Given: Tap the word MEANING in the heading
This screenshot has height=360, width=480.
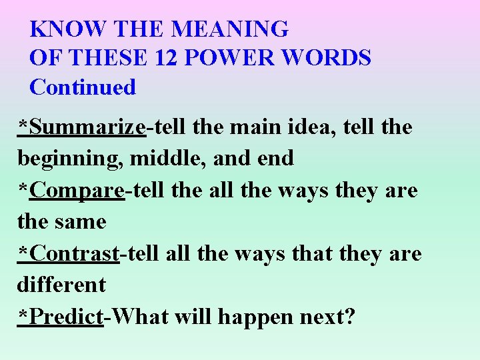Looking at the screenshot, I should click(x=230, y=29).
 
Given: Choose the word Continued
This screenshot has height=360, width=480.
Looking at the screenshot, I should click(x=83, y=87).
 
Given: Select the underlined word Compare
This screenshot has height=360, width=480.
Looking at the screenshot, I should click(x=77, y=191).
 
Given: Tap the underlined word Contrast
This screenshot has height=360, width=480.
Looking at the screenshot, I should click(x=75, y=254).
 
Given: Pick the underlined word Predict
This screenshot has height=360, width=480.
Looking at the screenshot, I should click(x=66, y=317).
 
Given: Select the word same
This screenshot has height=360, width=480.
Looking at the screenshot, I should click(x=81, y=222).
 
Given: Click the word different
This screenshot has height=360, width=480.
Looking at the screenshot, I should click(x=61, y=285).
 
